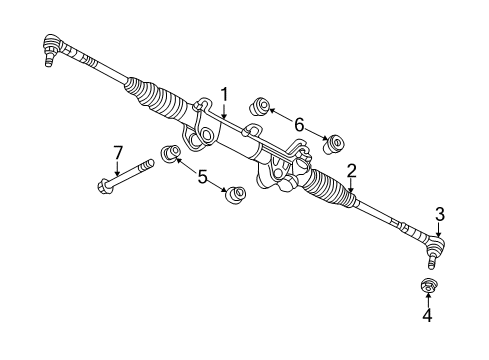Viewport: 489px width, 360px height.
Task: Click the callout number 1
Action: (x=225, y=95)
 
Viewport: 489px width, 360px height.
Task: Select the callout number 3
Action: (x=440, y=214)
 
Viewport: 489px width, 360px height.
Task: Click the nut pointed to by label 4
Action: (x=429, y=290)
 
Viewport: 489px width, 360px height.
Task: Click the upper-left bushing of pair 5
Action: (x=170, y=154)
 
